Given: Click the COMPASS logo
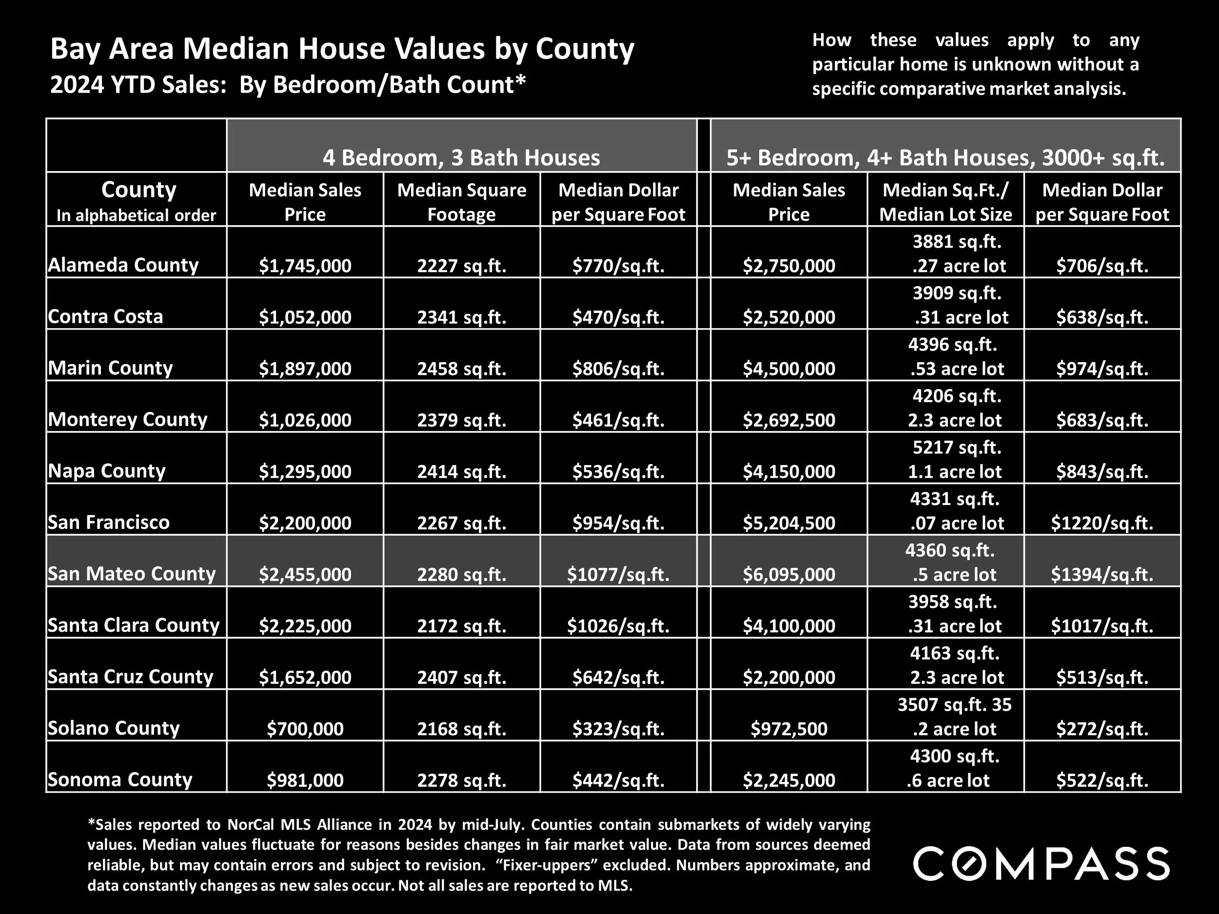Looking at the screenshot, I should point(1042,864).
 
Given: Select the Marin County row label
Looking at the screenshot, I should point(110,368).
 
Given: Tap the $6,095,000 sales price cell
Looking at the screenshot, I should point(788,574).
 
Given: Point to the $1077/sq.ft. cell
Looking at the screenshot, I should point(618,574).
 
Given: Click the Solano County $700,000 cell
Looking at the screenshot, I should point(305,728).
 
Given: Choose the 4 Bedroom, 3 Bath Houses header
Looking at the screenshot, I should point(461,157).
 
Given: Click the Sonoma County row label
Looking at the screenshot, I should point(119,779).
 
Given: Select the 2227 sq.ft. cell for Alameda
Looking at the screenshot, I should point(461,266).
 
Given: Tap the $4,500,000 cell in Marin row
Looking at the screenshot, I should point(788,368).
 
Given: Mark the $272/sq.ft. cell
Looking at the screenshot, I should point(1101,728).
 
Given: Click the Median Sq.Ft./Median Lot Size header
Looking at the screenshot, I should point(945,202).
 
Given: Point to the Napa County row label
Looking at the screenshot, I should point(106,470).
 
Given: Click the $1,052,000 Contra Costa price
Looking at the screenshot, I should point(305,317).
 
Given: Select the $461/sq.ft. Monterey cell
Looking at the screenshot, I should point(618,420).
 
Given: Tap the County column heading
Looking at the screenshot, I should point(138,190).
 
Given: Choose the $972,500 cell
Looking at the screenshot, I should point(788,728).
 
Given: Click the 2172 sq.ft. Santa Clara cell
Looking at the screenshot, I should point(461,625).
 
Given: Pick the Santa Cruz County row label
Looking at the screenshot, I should point(130,676).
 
